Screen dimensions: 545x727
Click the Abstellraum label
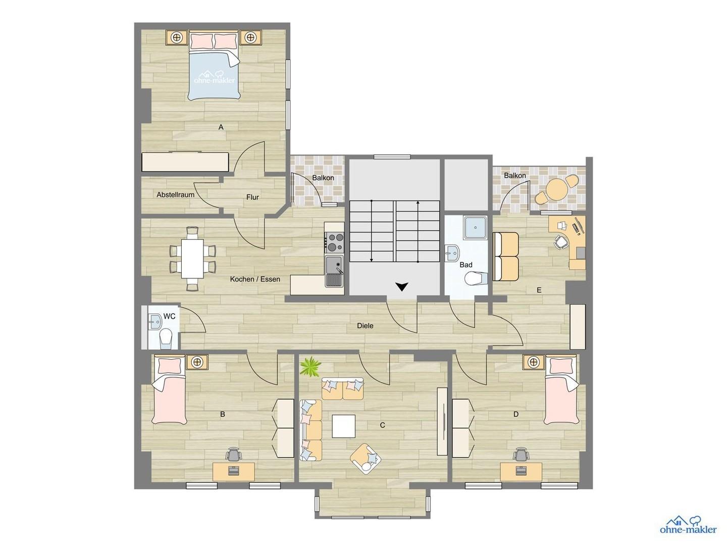(175, 195)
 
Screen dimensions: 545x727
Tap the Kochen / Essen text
(255, 279)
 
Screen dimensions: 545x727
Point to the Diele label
(365, 326)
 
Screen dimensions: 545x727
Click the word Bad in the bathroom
(466, 265)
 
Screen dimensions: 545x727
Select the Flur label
(252, 197)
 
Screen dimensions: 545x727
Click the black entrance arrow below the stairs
(401, 287)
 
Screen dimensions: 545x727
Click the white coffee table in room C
(343, 426)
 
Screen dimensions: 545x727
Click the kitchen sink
(334, 265)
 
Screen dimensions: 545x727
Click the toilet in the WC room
(166, 339)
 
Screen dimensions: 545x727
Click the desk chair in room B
(233, 455)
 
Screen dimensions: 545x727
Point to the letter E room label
(539, 290)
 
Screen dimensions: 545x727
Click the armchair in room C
(366, 458)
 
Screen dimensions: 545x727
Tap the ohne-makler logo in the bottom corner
(688, 525)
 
